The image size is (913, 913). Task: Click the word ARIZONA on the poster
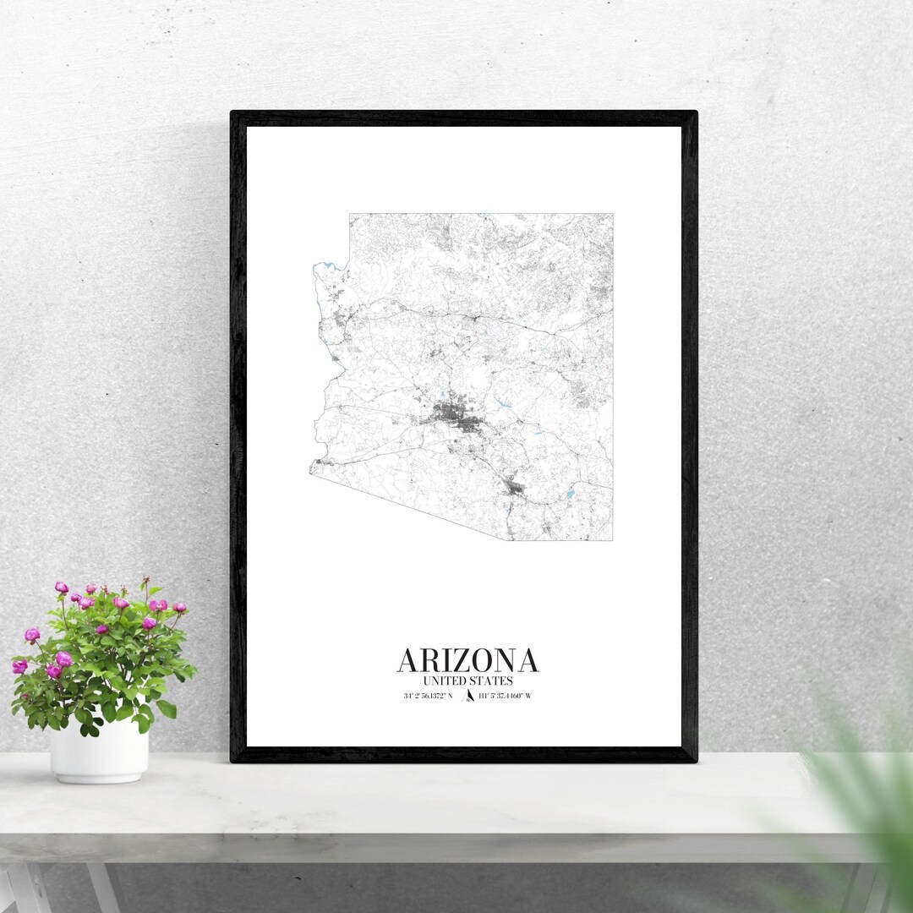click(467, 660)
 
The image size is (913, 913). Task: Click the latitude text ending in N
click(428, 696)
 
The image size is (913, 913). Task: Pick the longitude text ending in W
click(505, 696)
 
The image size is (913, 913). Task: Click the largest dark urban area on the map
click(452, 417)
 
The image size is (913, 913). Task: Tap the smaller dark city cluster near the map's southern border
click(513, 488)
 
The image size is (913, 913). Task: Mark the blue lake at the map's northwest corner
click(320, 268)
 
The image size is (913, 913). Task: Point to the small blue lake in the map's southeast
click(571, 494)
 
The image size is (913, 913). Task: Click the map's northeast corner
click(612, 214)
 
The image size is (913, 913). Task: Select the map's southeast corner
click(612, 540)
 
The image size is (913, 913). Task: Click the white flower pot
click(99, 751)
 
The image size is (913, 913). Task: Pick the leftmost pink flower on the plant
click(19, 666)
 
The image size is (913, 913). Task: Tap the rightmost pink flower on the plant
click(179, 607)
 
